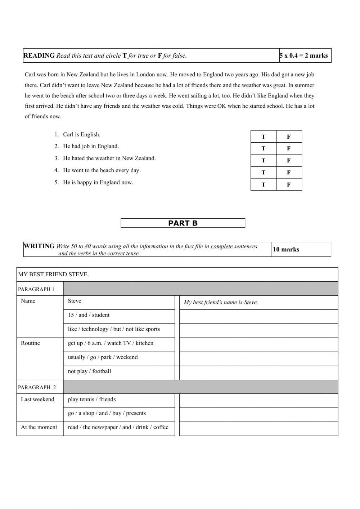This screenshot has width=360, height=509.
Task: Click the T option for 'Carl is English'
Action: pyautogui.click(x=263, y=137)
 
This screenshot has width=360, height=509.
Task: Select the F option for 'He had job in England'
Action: pyautogui.click(x=289, y=148)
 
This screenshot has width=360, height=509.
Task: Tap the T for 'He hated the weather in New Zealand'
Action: pyautogui.click(x=263, y=161)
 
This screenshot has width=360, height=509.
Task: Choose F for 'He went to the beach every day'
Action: pyautogui.click(x=289, y=173)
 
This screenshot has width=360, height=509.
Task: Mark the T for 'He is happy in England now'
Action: pyautogui.click(x=263, y=185)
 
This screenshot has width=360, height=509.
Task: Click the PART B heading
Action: pyautogui.click(x=183, y=223)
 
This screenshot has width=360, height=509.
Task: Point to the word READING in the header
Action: pyautogui.click(x=39, y=55)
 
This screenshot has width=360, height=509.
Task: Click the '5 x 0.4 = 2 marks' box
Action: pyautogui.click(x=304, y=55)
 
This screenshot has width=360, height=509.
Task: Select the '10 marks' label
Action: pyautogui.click(x=286, y=249)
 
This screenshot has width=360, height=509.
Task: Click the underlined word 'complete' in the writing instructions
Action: pyautogui.click(x=221, y=246)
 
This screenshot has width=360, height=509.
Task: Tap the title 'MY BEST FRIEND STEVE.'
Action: pyautogui.click(x=54, y=274)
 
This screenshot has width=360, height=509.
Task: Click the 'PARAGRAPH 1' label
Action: pyautogui.click(x=36, y=289)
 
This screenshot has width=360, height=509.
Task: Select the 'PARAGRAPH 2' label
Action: pyautogui.click(x=37, y=387)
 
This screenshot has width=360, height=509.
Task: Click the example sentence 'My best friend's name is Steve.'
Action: pyautogui.click(x=221, y=302)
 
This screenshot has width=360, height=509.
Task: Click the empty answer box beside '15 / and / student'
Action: pyautogui.click(x=258, y=317)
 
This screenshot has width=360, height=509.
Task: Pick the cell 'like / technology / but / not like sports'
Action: pyautogui.click(x=114, y=329)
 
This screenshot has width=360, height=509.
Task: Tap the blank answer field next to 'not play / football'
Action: pyautogui.click(x=258, y=373)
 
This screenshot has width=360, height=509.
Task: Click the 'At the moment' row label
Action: pyautogui.click(x=39, y=427)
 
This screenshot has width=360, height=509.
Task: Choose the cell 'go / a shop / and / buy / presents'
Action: pyautogui.click(x=107, y=413)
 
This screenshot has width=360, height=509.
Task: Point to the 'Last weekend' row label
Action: pyautogui.click(x=37, y=399)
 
